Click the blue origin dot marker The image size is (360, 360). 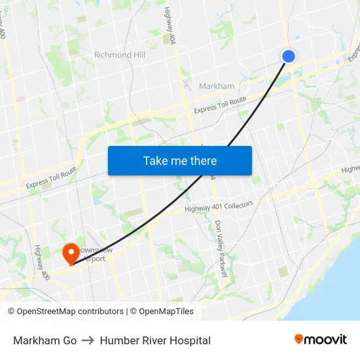click(288, 56)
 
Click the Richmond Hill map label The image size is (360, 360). click(120, 55)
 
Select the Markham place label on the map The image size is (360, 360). click(216, 86)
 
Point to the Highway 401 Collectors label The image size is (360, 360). click(219, 207)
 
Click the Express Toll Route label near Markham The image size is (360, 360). click(220, 105)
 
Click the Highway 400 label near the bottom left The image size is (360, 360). click(39, 261)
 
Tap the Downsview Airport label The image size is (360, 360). click(91, 255)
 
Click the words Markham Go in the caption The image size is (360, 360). click(45, 340)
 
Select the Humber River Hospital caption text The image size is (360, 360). click(155, 340)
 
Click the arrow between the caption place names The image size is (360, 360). click(88, 340)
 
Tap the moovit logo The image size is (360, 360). click(320, 339)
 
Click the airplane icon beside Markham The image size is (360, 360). click(189, 85)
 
